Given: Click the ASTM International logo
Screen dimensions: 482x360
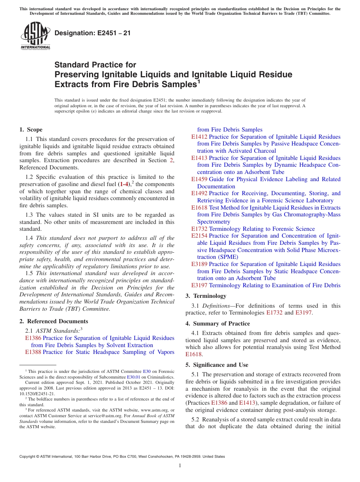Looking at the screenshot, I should (x=35, y=36).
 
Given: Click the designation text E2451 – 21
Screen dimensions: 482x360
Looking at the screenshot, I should (x=92, y=33).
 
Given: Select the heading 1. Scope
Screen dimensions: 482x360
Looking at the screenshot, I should (x=31, y=130).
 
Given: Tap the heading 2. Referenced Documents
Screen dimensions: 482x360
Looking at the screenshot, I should (x=53, y=321).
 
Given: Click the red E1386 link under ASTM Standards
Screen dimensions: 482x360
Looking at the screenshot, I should (x=33, y=338).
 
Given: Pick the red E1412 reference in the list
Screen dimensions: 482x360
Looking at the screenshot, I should (x=199, y=137).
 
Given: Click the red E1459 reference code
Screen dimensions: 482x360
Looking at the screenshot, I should (x=199, y=179).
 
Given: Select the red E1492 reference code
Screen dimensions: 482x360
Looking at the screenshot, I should (x=199, y=193).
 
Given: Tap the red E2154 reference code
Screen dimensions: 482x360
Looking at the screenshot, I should (x=199, y=236).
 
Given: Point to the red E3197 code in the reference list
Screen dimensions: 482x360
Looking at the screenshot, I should (x=199, y=285).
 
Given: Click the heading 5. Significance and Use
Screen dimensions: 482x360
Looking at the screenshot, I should (x=217, y=365).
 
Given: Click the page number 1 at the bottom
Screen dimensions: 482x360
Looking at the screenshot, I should (x=180, y=466).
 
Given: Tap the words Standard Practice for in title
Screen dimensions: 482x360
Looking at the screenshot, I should (x=95, y=65).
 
